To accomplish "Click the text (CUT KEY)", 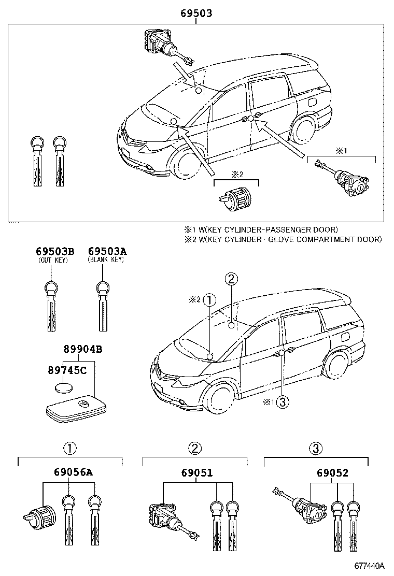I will (x=53, y=260).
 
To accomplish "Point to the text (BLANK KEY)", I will (x=106, y=260).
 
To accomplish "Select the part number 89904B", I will (x=83, y=350).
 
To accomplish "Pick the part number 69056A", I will (x=73, y=472).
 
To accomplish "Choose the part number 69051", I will (x=197, y=472).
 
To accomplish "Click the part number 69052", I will (x=331, y=472).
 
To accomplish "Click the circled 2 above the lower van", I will (x=231, y=279).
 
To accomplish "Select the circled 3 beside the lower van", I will (x=281, y=402).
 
